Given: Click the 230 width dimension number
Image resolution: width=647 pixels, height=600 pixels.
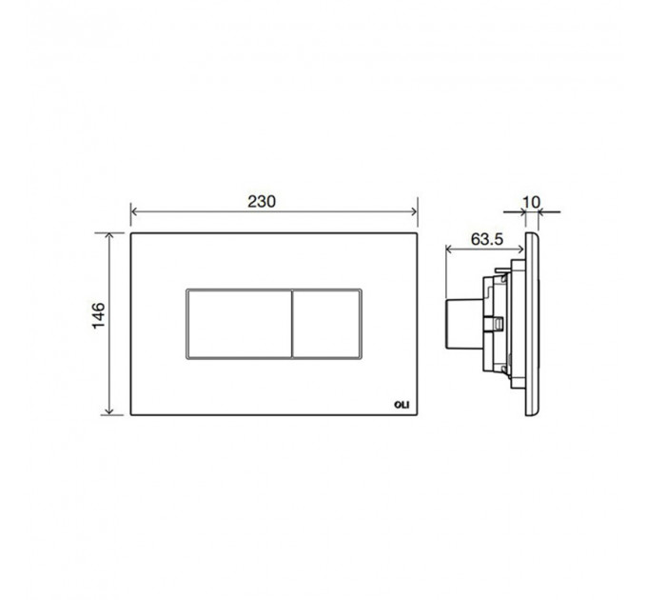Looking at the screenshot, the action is pos(262,202).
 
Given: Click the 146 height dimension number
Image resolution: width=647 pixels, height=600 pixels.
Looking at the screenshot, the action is pos(99,315).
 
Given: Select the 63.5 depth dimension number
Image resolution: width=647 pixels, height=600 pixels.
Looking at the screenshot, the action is pos(487,239).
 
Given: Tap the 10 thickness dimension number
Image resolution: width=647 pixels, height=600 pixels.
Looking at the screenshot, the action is pos(531,202).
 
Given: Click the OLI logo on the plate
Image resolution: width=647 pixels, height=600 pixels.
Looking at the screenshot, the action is pos(402,405).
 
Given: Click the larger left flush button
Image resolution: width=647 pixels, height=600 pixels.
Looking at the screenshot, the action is pos(240,324).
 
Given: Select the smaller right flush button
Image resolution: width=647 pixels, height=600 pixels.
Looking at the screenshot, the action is pos(326,324).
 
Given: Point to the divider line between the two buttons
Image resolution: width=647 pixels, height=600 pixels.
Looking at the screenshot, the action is pos(292,324).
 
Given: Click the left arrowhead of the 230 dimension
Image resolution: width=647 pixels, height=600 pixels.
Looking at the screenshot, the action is pos(134,211).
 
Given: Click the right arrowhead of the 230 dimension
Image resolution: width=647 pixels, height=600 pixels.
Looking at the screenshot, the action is pos(414,211).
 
